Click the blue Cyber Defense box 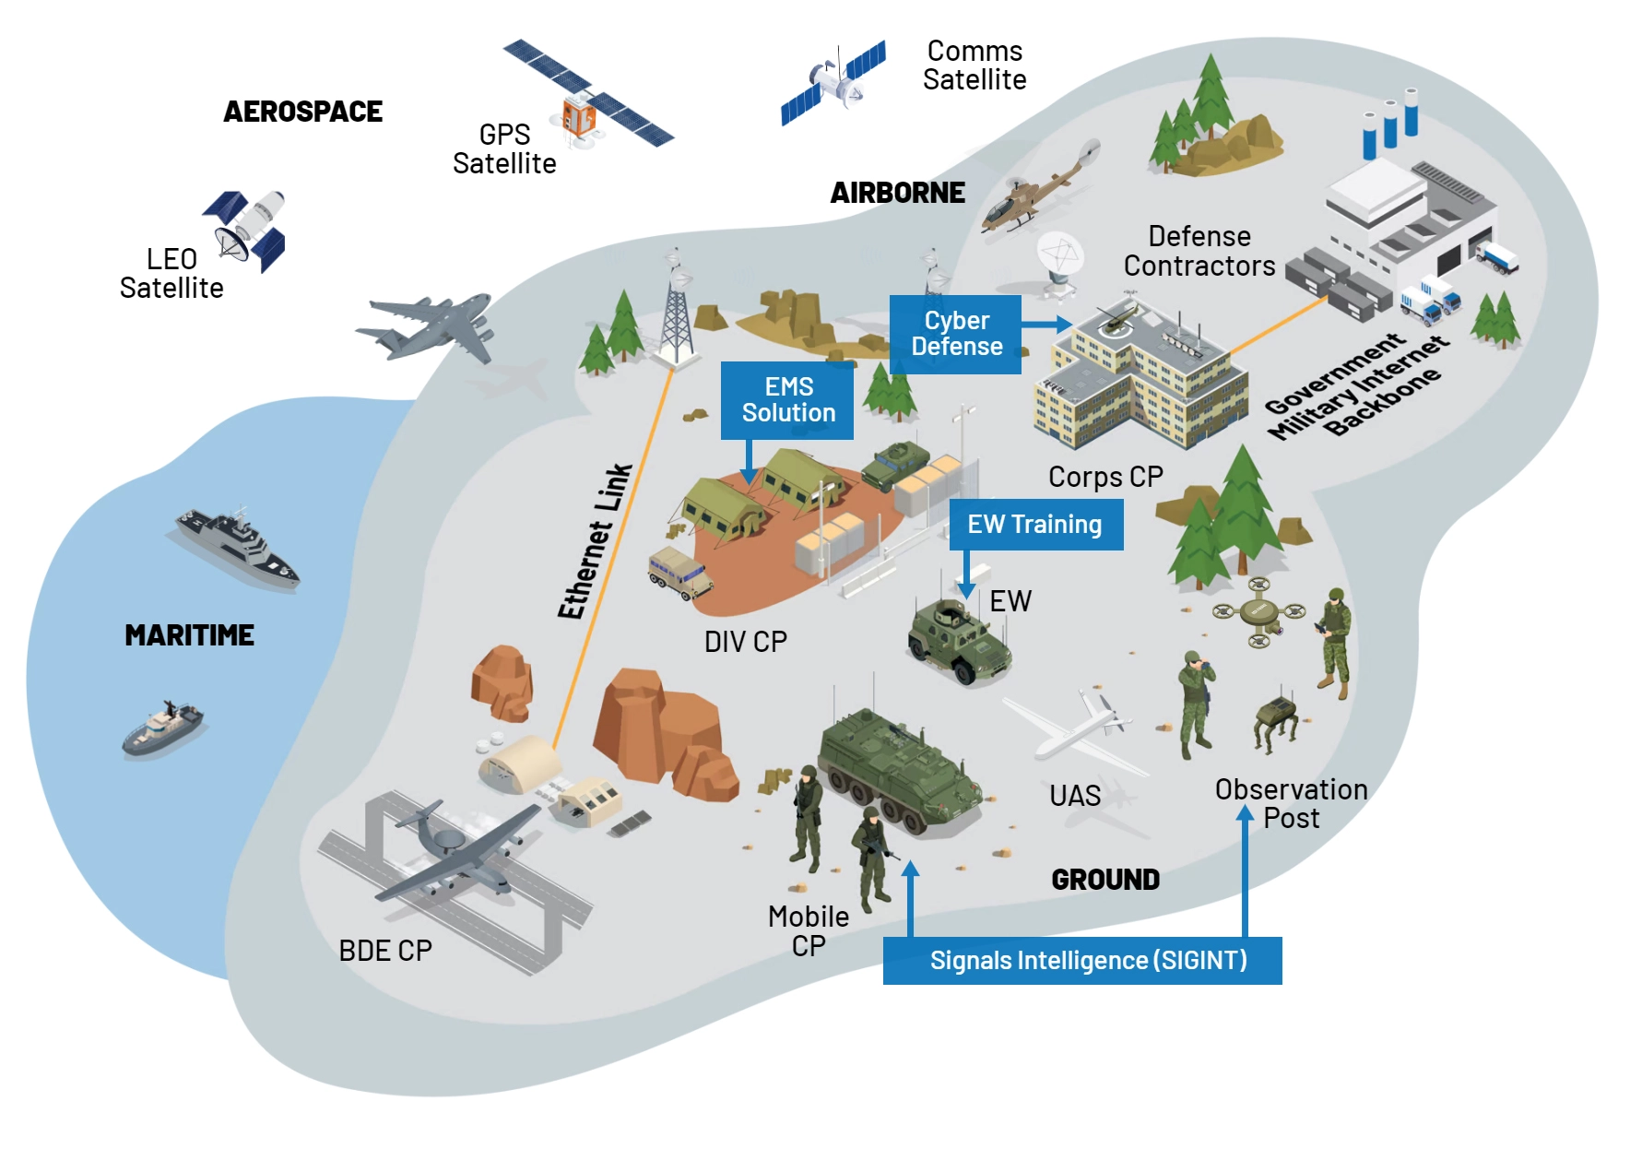click(955, 334)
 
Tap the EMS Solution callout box click(787, 400)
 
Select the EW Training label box click(1035, 525)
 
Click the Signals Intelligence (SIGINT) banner click(1082, 961)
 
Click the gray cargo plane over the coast click(430, 326)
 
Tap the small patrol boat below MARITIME click(163, 728)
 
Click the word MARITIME click(189, 635)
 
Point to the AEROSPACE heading click(302, 112)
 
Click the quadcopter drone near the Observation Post click(1258, 611)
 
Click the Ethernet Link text click(595, 541)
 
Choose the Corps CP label click(1105, 477)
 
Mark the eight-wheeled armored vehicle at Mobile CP click(898, 769)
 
